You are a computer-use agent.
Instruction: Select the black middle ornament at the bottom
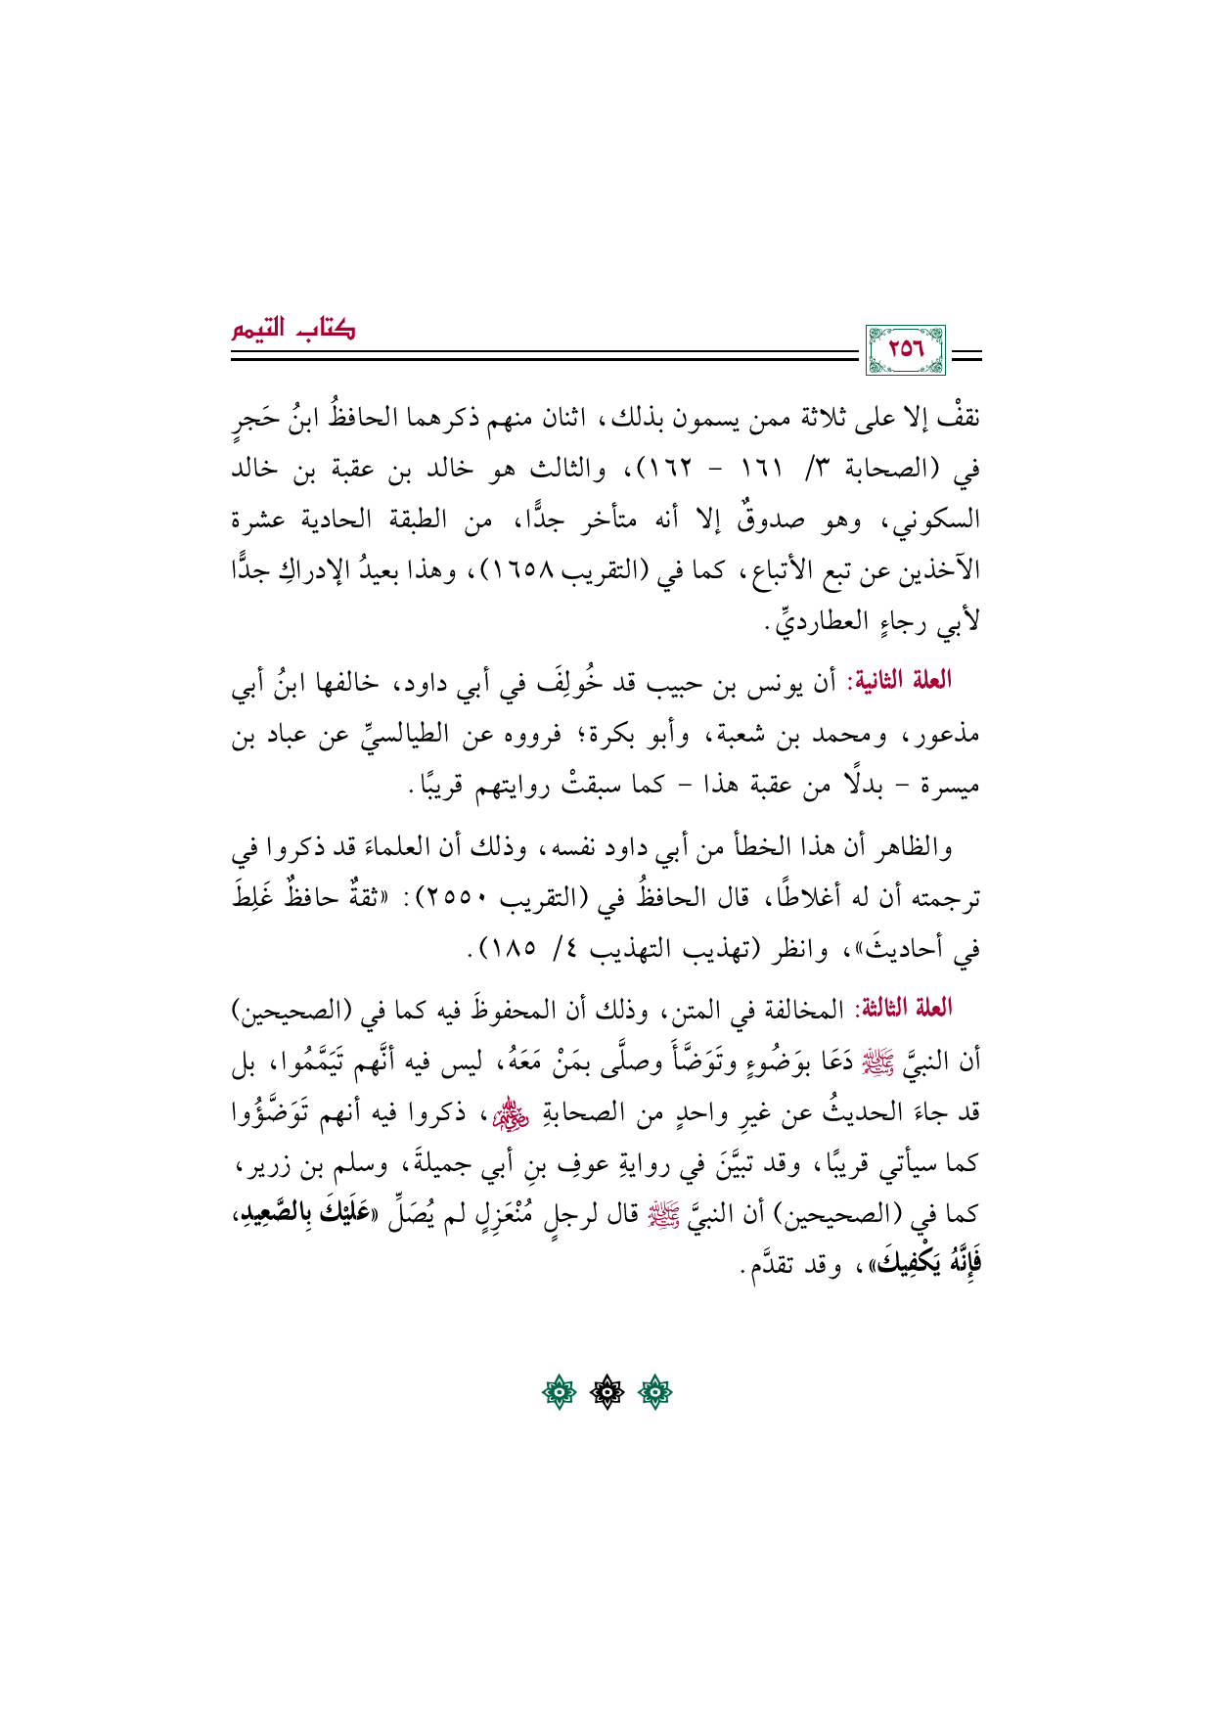point(606,1392)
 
